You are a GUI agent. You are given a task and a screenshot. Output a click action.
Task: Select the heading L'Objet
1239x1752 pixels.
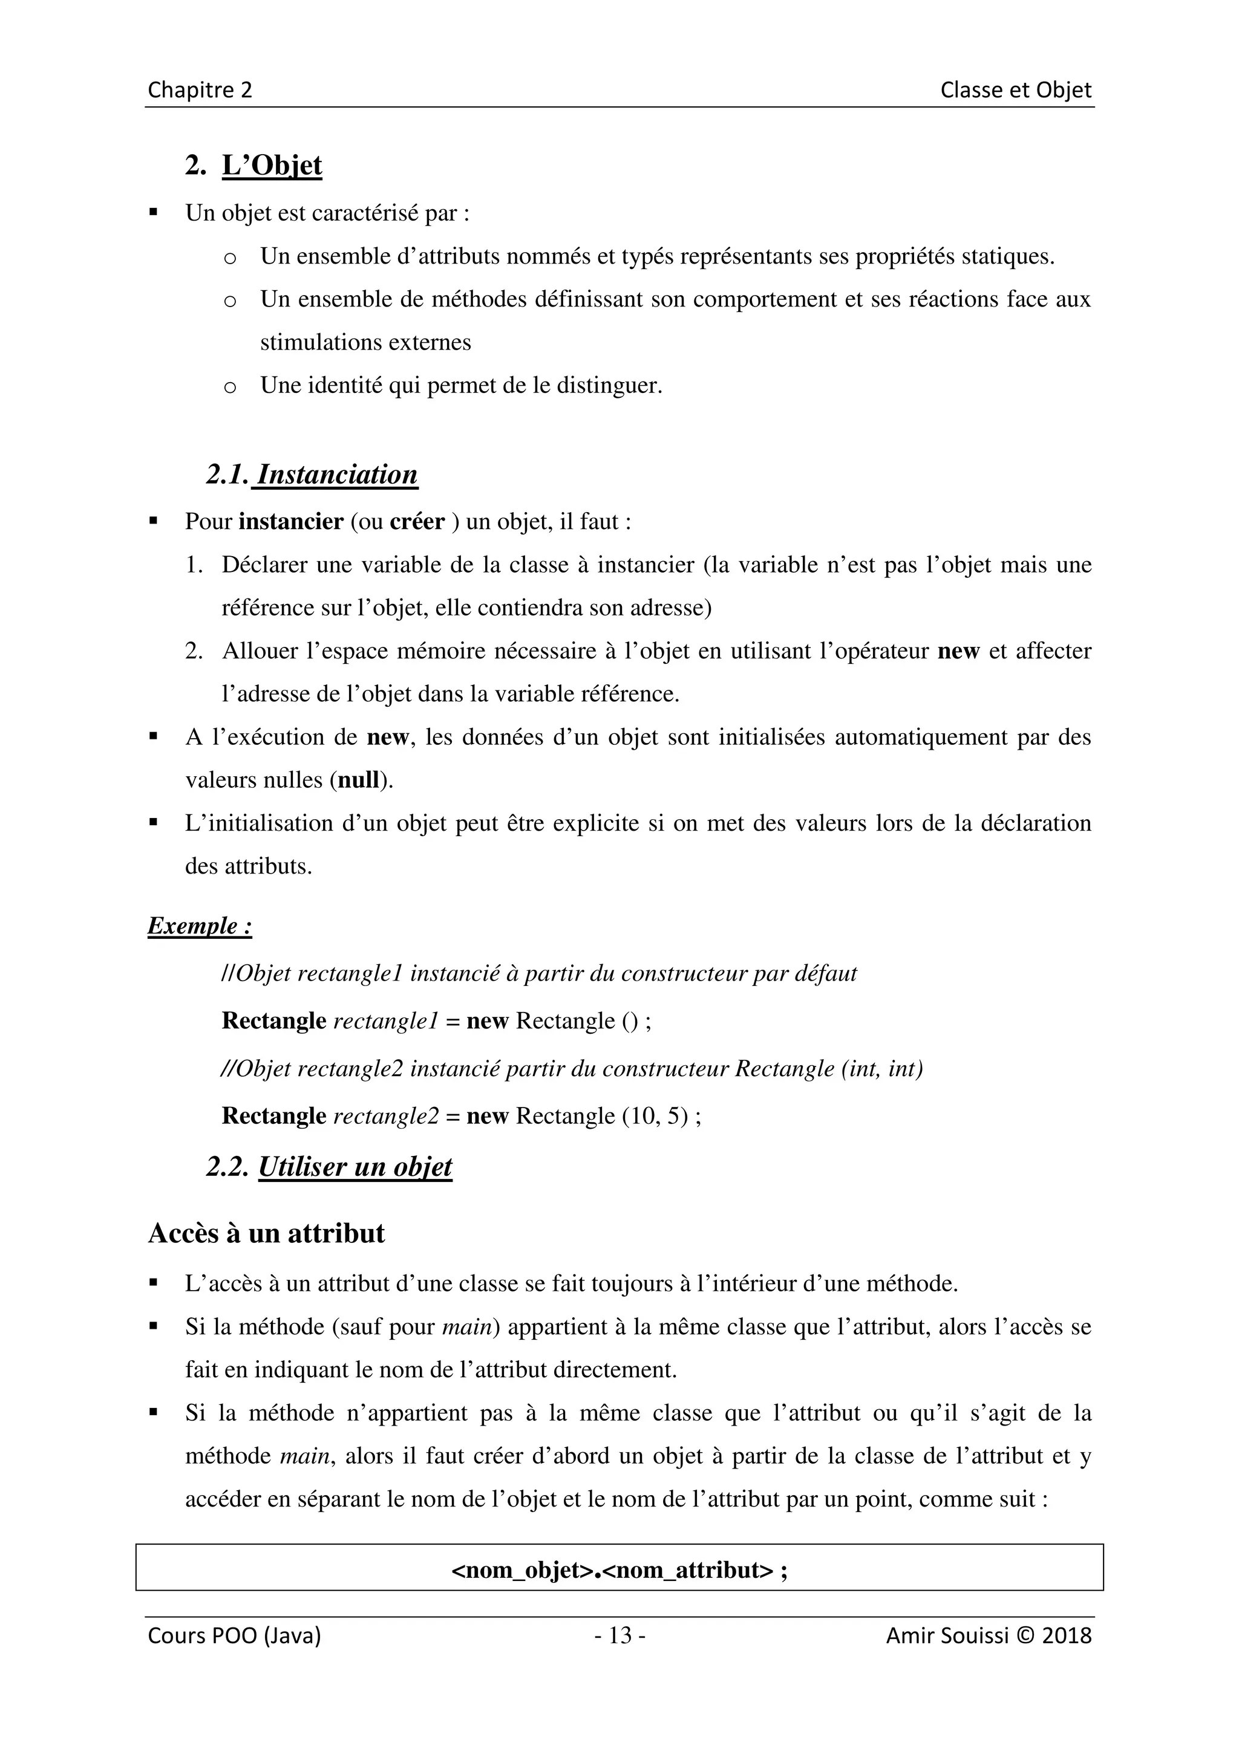click(272, 165)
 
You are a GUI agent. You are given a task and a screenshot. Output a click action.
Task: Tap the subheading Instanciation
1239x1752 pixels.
click(336, 474)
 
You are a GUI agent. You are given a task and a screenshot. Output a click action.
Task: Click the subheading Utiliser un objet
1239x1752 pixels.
click(355, 1167)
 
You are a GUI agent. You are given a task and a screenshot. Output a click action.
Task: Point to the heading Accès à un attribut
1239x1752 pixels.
click(266, 1233)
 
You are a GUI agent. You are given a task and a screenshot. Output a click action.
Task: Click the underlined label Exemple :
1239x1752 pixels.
click(199, 926)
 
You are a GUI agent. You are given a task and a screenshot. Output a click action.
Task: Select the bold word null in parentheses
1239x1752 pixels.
click(359, 780)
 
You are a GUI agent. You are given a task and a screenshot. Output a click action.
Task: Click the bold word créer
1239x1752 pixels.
click(417, 522)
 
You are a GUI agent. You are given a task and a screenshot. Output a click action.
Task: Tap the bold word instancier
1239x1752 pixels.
click(291, 522)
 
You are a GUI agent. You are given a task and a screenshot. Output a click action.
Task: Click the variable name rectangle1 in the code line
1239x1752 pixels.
click(385, 1021)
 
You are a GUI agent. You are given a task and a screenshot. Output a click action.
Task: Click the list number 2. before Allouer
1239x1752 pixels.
click(194, 652)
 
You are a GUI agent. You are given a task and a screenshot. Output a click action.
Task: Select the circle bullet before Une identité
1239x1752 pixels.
click(230, 388)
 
